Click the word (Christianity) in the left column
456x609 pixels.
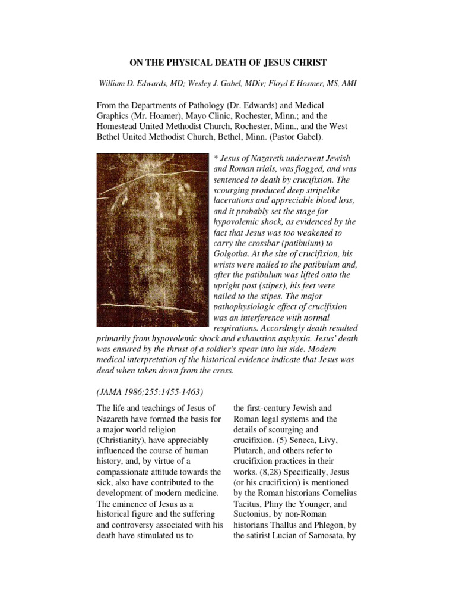tap(123, 440)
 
